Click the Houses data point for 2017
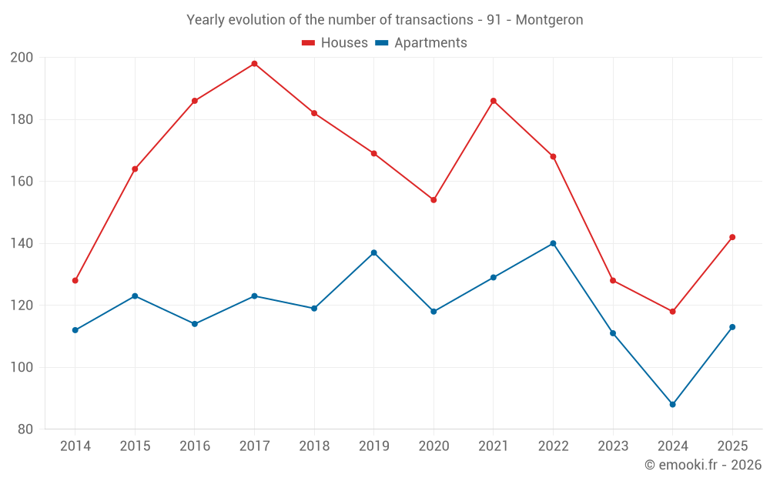254,64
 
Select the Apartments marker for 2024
672,404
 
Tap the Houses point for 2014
75,280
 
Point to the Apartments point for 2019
373,252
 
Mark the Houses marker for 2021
494,101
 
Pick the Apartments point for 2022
553,243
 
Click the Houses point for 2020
434,200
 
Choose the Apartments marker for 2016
195,324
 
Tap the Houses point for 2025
732,237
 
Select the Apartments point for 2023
613,333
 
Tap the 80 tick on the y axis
25,429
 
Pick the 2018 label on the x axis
314,446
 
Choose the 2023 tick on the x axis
613,446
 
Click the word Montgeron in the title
549,20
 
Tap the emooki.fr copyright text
702,465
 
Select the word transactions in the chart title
432,20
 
